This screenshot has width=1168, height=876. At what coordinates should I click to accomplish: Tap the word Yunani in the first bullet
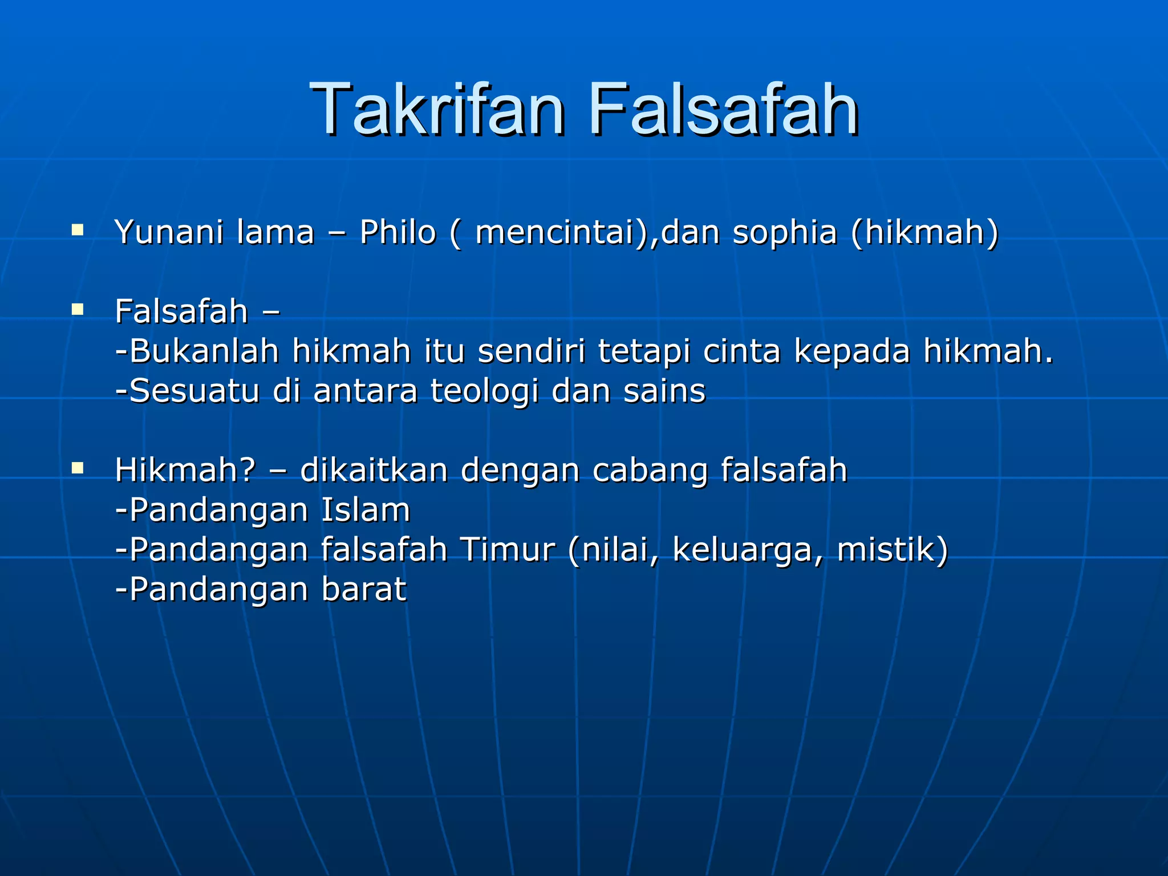(x=169, y=233)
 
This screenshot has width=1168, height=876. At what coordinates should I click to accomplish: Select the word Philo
(x=398, y=232)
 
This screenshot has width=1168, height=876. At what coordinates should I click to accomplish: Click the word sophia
(x=784, y=233)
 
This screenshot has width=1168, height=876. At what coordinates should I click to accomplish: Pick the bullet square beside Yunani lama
(x=78, y=230)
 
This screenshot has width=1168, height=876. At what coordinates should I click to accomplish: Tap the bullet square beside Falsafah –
(x=78, y=310)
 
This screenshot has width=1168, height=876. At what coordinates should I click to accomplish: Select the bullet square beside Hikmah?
(x=78, y=468)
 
